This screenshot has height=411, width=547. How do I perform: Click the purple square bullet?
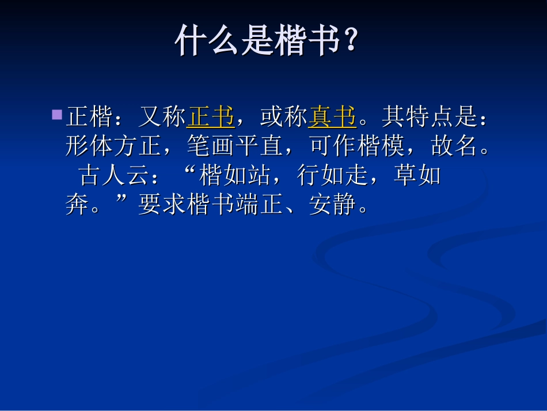[x=57, y=115]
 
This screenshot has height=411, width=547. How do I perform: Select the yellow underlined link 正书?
[x=211, y=118]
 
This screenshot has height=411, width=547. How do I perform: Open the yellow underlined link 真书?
[x=332, y=118]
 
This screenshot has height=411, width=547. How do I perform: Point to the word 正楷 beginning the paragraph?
[x=89, y=118]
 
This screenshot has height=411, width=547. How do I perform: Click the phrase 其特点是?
[x=430, y=118]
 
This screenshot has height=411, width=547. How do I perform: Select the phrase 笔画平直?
[x=235, y=147]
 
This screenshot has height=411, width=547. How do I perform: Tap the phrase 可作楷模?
[x=357, y=147]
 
